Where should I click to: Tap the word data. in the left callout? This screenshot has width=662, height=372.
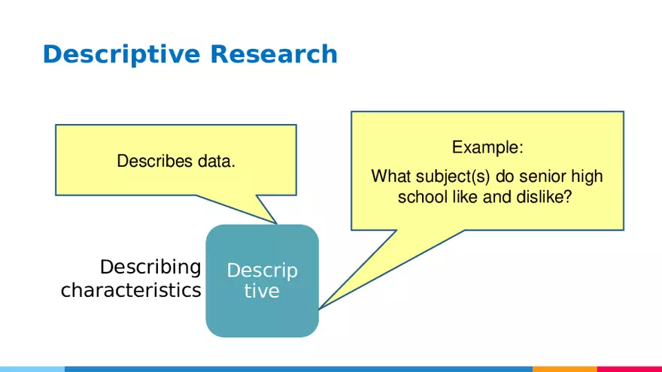point(217,161)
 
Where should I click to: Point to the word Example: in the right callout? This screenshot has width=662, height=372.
point(487,147)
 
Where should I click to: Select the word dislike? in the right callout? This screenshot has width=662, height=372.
point(550,197)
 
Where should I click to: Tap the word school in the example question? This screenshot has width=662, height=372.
point(421,197)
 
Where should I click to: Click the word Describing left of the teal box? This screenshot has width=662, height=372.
point(150,267)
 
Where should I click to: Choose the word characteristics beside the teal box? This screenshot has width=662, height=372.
point(131,290)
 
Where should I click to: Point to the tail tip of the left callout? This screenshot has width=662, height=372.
point(278,224)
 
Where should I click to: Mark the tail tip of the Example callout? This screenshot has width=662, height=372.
point(319,309)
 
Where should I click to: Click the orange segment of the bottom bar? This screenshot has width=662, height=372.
point(564,369)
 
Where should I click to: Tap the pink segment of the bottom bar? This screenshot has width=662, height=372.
point(629,369)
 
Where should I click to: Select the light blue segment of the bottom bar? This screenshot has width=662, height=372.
point(32,369)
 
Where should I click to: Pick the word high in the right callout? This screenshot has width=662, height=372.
point(587,177)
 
